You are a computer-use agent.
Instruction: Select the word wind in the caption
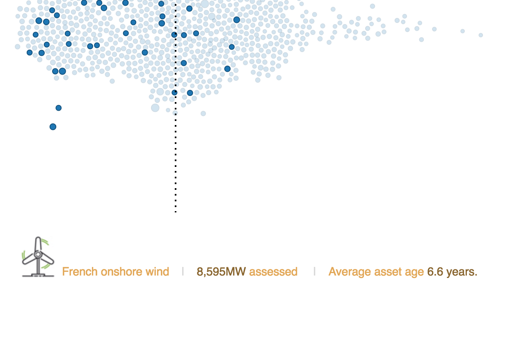(x=157, y=271)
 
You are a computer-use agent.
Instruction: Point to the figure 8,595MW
(x=221, y=272)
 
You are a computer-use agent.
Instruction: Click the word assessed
(x=273, y=272)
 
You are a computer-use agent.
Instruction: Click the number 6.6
(x=435, y=272)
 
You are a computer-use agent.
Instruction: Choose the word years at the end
(x=462, y=272)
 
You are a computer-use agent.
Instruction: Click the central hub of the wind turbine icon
(x=38, y=254)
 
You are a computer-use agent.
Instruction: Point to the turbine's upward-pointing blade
(x=38, y=244)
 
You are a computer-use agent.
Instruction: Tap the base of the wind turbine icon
(x=38, y=276)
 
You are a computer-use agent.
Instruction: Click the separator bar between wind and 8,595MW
(x=183, y=271)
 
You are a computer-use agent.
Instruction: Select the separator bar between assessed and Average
(x=315, y=271)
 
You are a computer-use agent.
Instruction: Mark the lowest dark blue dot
(x=53, y=127)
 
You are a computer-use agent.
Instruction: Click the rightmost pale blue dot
(x=481, y=35)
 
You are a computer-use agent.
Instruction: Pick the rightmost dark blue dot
(x=237, y=20)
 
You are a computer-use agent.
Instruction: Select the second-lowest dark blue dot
(x=59, y=108)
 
